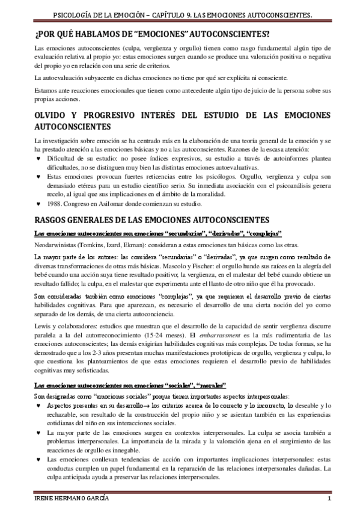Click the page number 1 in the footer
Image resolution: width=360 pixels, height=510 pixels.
pos(329,500)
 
